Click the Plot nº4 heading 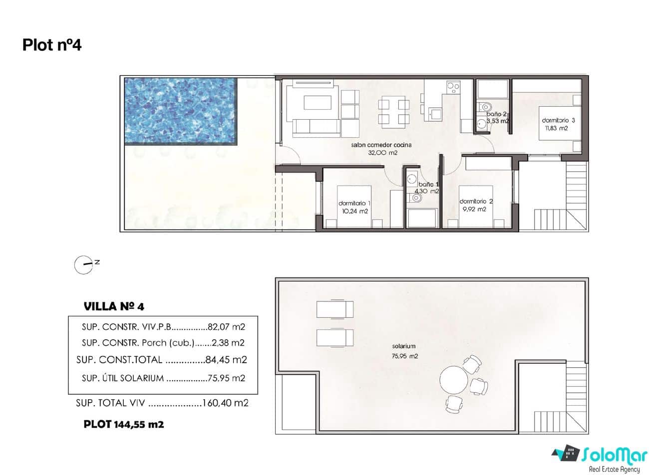(52, 45)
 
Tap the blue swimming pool (180, 111)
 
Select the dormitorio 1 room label (354, 204)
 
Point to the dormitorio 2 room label (476, 202)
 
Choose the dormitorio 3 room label (559, 120)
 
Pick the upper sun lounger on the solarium (334, 309)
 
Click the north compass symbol (83, 265)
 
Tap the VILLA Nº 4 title (114, 306)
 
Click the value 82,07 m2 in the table (226, 328)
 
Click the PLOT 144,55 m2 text (124, 425)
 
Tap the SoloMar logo (596, 457)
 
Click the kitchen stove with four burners (453, 88)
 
